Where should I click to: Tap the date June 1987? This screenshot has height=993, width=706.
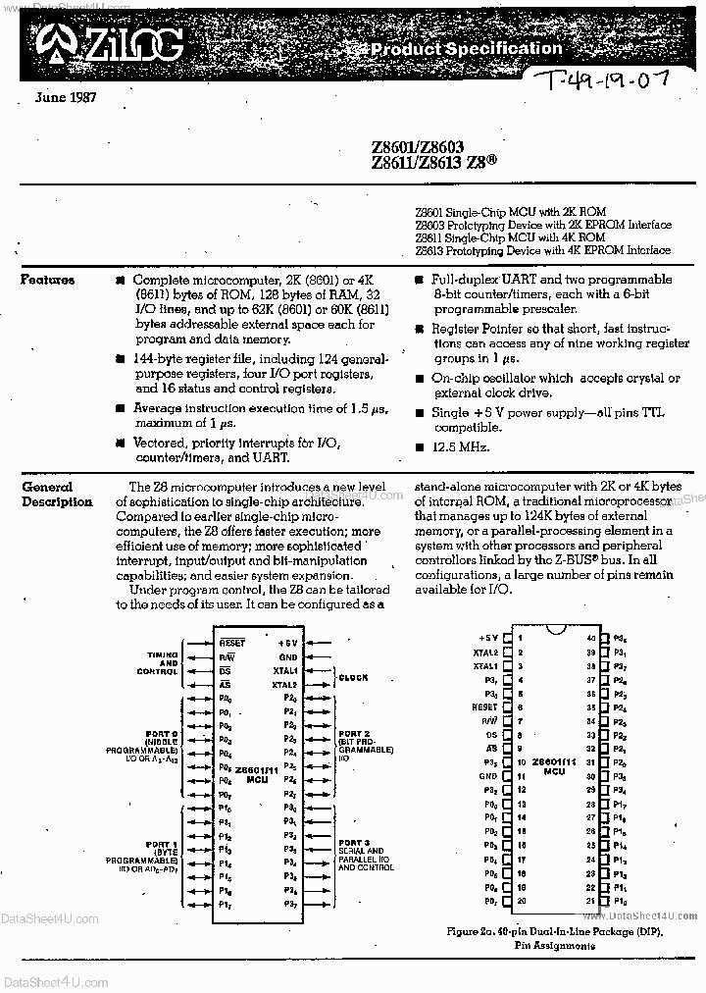click(x=66, y=98)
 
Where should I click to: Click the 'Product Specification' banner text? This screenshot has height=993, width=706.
click(x=468, y=48)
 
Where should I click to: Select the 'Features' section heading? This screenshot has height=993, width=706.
click(x=48, y=280)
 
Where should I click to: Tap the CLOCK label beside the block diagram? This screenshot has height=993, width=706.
click(x=353, y=677)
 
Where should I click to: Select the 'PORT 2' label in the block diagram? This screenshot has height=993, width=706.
click(x=353, y=733)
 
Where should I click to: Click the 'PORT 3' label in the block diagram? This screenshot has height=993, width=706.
click(x=354, y=842)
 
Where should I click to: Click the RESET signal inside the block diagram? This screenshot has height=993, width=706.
click(x=232, y=643)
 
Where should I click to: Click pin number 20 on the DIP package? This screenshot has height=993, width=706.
click(x=522, y=900)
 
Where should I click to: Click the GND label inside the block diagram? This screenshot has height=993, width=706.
click(x=287, y=656)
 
